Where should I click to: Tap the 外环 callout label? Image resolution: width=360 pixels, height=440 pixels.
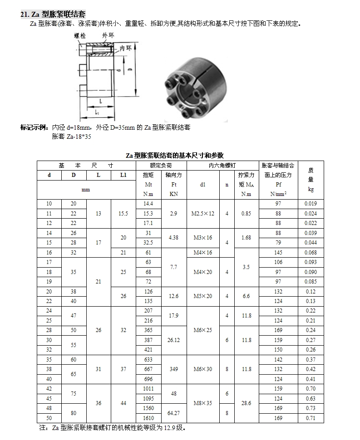[108, 35]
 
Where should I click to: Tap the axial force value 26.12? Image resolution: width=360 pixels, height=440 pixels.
[174, 340]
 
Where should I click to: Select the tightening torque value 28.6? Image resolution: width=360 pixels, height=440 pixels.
[246, 403]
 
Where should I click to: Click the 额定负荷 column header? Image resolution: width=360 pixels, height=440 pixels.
[161, 165]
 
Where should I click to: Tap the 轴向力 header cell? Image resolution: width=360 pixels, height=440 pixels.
[174, 175]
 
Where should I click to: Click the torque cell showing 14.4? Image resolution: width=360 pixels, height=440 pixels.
[148, 204]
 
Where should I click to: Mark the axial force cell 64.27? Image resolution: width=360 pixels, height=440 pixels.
[174, 413]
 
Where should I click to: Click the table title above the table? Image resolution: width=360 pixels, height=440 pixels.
[181, 155]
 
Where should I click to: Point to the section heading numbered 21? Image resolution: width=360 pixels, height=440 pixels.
[53, 14]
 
